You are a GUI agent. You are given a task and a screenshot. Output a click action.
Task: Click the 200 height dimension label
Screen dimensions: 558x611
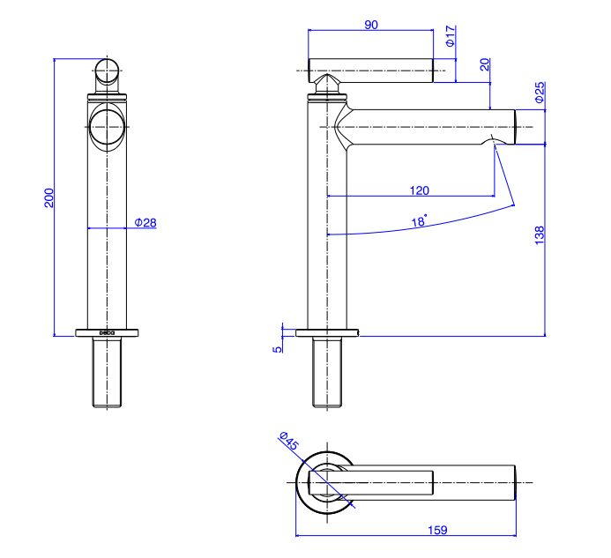click(49, 197)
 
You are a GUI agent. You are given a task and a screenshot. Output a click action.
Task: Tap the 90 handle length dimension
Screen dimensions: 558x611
click(371, 25)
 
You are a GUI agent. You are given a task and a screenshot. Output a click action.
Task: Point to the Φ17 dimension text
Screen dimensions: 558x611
click(450, 37)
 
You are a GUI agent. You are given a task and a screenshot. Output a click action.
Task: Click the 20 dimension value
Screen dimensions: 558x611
click(484, 64)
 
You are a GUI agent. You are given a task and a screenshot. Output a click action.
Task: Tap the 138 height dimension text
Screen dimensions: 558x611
click(540, 235)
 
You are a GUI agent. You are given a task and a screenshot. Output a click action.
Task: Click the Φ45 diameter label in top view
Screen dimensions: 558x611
click(289, 441)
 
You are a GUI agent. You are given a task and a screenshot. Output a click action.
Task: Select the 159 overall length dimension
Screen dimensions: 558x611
click(437, 530)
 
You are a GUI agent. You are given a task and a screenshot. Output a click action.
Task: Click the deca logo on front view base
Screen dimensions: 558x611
click(106, 332)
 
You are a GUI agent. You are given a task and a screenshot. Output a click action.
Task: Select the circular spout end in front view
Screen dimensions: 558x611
click(108, 128)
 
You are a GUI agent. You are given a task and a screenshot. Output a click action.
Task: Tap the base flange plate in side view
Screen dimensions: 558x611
click(327, 332)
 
